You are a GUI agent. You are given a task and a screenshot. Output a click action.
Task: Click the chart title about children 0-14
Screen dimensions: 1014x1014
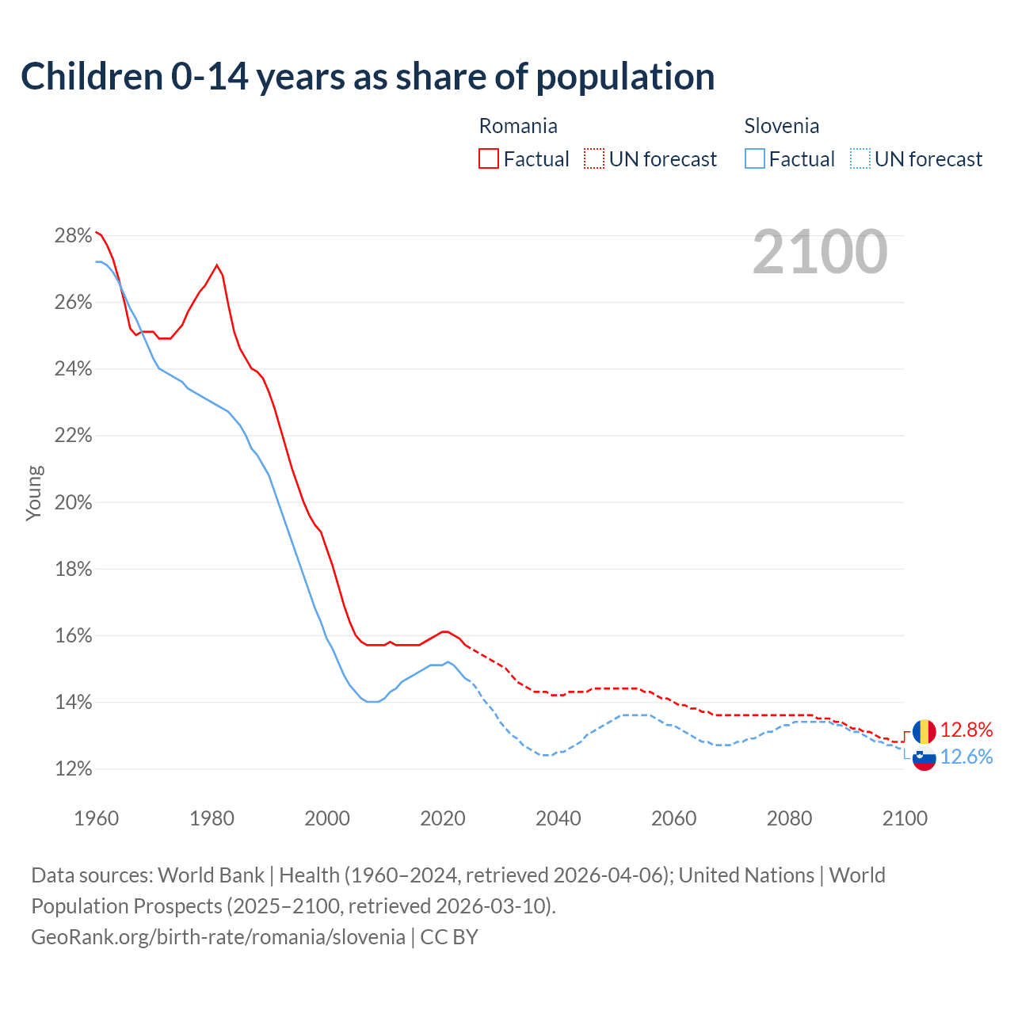(368, 77)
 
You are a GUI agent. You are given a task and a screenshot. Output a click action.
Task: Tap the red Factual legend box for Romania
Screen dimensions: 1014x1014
(489, 159)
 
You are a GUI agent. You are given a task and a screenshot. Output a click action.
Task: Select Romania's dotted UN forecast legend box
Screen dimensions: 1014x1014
(594, 159)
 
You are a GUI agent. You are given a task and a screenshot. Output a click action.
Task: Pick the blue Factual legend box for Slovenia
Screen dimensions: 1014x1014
(755, 159)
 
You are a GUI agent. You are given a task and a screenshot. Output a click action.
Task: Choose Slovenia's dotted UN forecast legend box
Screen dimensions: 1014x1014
(860, 159)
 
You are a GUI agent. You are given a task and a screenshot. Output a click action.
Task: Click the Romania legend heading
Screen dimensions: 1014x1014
(518, 126)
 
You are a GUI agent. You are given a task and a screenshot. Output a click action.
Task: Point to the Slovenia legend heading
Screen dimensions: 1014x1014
(781, 126)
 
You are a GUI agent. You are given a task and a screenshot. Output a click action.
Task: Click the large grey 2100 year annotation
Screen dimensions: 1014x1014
(820, 252)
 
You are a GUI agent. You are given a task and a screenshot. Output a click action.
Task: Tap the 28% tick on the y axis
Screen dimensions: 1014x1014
(73, 235)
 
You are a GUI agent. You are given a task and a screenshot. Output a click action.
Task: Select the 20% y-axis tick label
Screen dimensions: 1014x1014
(73, 502)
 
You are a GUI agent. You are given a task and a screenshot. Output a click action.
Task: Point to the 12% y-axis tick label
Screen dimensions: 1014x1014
(73, 769)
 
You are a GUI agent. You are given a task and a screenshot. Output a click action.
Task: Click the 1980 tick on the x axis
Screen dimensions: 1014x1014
(212, 818)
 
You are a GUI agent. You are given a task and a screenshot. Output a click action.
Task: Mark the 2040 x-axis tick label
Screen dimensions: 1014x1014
(558, 818)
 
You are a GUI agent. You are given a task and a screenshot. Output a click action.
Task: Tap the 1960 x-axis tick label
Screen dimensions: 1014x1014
(96, 818)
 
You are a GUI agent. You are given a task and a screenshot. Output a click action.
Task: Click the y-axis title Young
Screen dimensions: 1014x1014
(34, 493)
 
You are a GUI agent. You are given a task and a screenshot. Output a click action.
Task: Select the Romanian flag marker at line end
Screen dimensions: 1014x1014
(924, 731)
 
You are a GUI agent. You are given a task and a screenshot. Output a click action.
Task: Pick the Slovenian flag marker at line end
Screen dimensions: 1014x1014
(924, 759)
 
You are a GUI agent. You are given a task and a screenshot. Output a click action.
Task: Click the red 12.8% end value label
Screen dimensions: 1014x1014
(966, 730)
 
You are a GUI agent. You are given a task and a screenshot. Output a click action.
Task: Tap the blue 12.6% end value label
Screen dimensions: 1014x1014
(966, 757)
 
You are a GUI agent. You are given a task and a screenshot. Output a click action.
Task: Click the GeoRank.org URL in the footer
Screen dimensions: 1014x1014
(218, 937)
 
